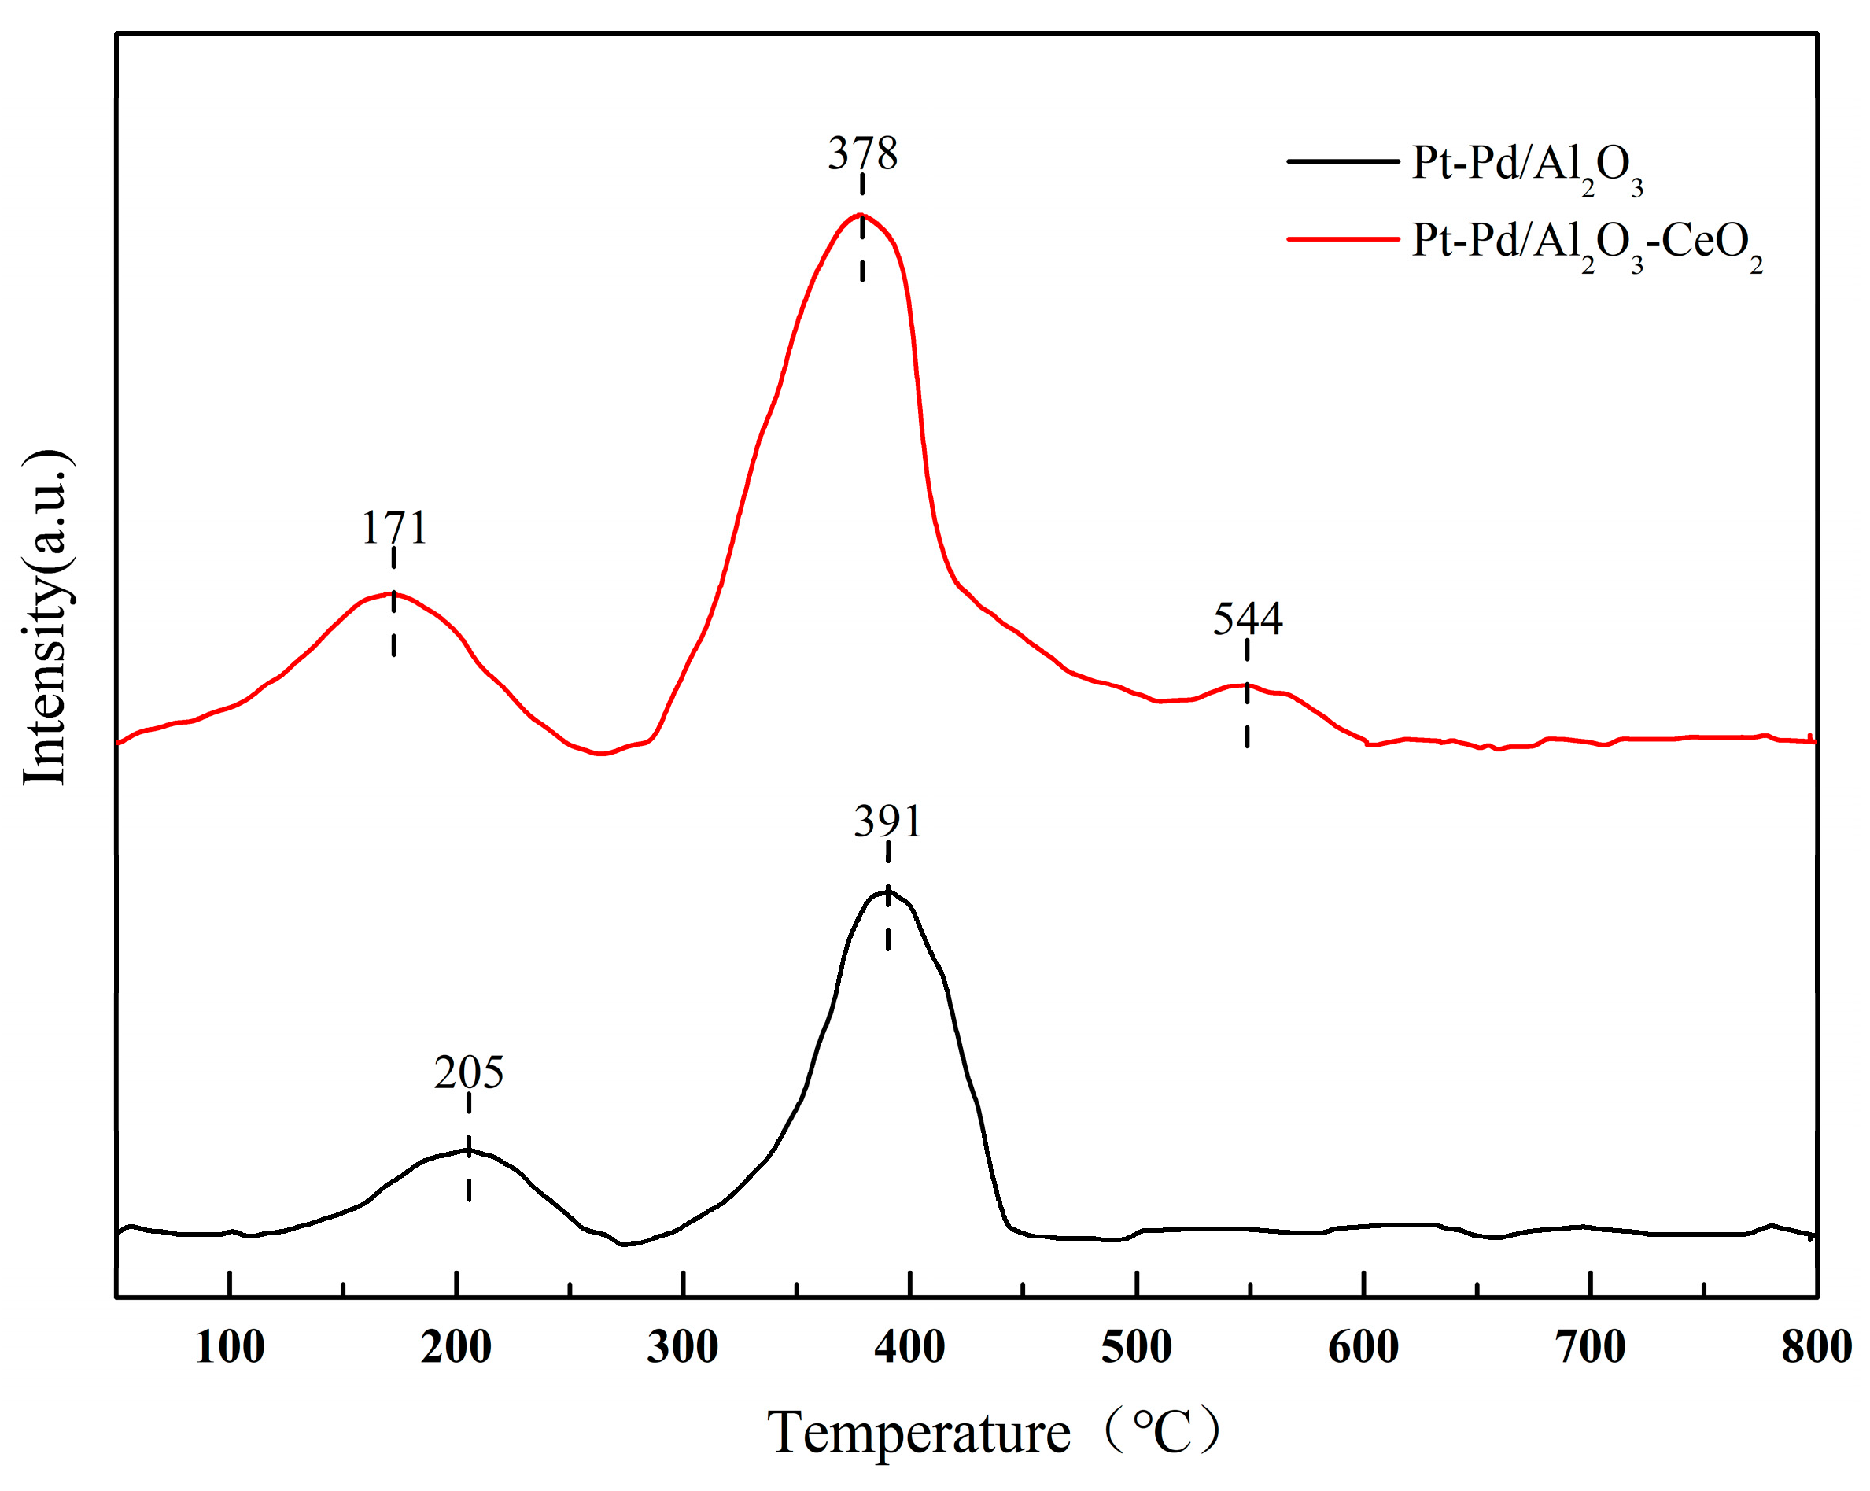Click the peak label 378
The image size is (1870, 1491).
pos(862,153)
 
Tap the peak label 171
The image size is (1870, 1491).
pos(394,527)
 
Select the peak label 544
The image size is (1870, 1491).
pos(1247,618)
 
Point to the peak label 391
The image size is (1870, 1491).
pos(887,821)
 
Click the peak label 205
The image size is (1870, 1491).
pos(468,1072)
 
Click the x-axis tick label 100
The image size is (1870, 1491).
pos(229,1347)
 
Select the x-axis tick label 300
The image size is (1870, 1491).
pos(683,1347)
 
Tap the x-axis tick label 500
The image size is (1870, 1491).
pos(1136,1347)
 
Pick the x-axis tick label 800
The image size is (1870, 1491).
pos(1817,1347)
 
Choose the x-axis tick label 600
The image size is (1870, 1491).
pos(1363,1347)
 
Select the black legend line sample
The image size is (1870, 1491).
pos(1343,161)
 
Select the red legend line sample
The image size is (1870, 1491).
pos(1343,238)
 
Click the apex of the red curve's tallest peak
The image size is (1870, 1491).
pos(860,214)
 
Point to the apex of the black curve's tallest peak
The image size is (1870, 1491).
pos(885,891)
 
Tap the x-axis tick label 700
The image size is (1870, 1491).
pos(1590,1347)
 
